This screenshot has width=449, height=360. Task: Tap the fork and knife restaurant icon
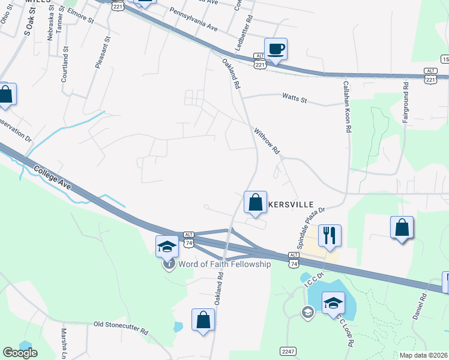point(330,235)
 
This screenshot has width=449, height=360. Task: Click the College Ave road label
point(52,178)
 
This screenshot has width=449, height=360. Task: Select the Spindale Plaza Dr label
point(311,228)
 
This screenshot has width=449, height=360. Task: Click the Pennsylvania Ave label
point(193,19)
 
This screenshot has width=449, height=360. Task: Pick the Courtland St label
point(65,57)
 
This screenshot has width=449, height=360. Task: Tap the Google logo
point(20,353)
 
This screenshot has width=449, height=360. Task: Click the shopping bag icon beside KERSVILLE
point(256,202)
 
